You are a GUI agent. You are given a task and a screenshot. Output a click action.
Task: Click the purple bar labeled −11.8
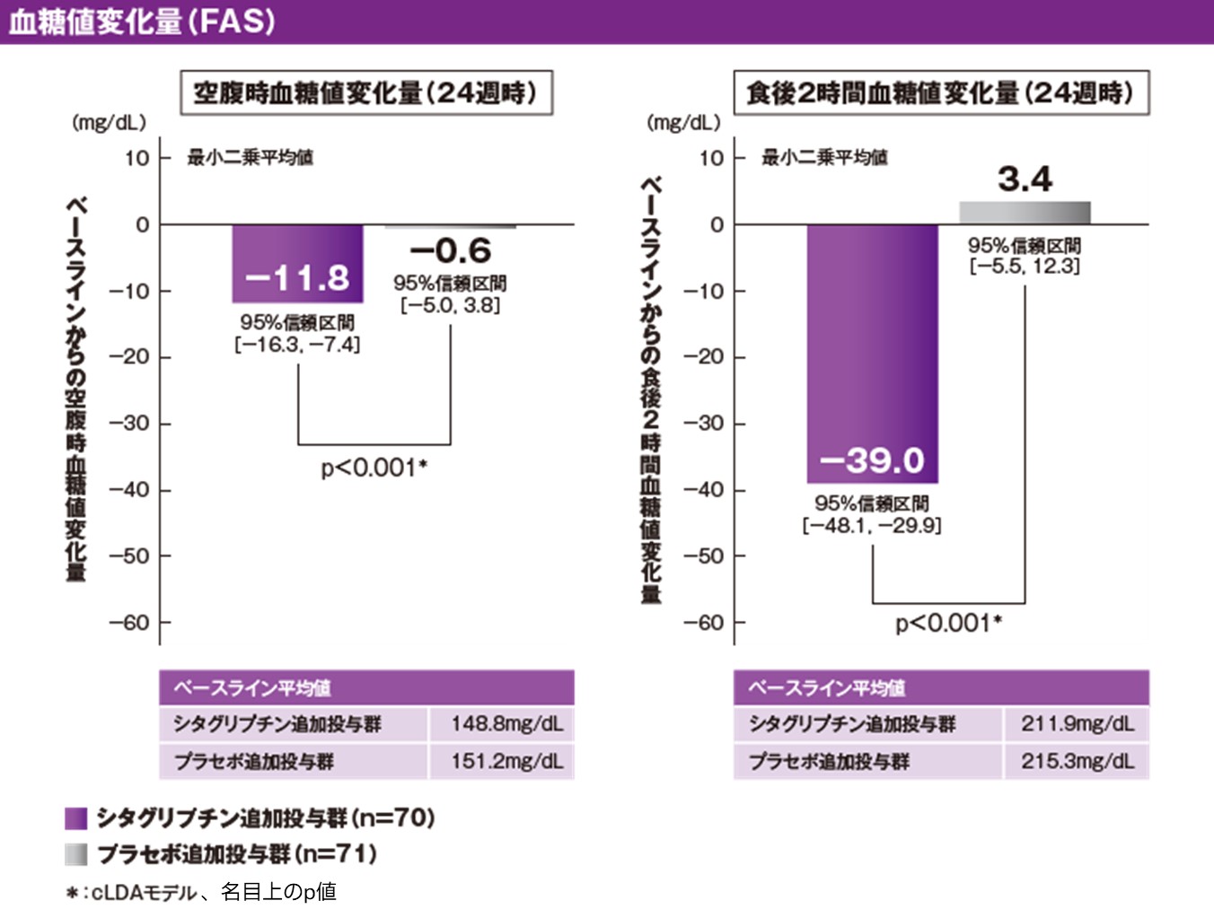point(297,263)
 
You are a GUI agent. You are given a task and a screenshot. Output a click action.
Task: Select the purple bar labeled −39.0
point(871,354)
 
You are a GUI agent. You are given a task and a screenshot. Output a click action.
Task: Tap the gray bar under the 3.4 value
point(1024,213)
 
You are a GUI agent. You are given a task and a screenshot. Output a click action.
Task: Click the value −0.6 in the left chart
point(451,250)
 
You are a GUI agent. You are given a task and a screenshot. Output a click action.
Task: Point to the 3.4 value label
point(1024,179)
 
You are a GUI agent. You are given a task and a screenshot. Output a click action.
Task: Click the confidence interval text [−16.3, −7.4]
point(297,345)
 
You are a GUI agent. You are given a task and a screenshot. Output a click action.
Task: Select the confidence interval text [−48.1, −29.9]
point(871,526)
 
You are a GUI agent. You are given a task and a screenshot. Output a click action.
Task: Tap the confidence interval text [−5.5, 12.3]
point(1024,267)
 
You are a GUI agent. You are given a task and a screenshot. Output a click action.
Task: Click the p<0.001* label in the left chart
point(374,468)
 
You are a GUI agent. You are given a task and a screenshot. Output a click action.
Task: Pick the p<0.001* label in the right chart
point(948,623)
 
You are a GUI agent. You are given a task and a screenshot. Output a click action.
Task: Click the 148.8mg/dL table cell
point(506,724)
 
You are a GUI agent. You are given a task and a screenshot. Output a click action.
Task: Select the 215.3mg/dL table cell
point(1077,761)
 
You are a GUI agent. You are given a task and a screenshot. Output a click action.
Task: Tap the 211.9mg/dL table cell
point(1077,724)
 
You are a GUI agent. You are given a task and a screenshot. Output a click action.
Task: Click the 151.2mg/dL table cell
point(506,761)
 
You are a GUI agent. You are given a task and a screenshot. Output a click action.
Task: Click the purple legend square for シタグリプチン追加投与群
point(76,818)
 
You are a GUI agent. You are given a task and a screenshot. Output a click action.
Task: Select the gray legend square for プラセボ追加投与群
point(76,853)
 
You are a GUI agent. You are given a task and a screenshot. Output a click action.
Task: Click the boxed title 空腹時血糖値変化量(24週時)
point(366,92)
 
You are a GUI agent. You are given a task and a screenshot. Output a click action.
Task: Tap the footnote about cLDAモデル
point(202,892)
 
